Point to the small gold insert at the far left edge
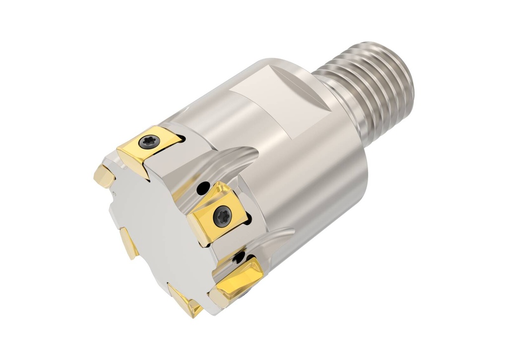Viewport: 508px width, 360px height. [104, 177]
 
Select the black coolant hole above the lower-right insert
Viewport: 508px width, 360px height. [240, 257]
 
